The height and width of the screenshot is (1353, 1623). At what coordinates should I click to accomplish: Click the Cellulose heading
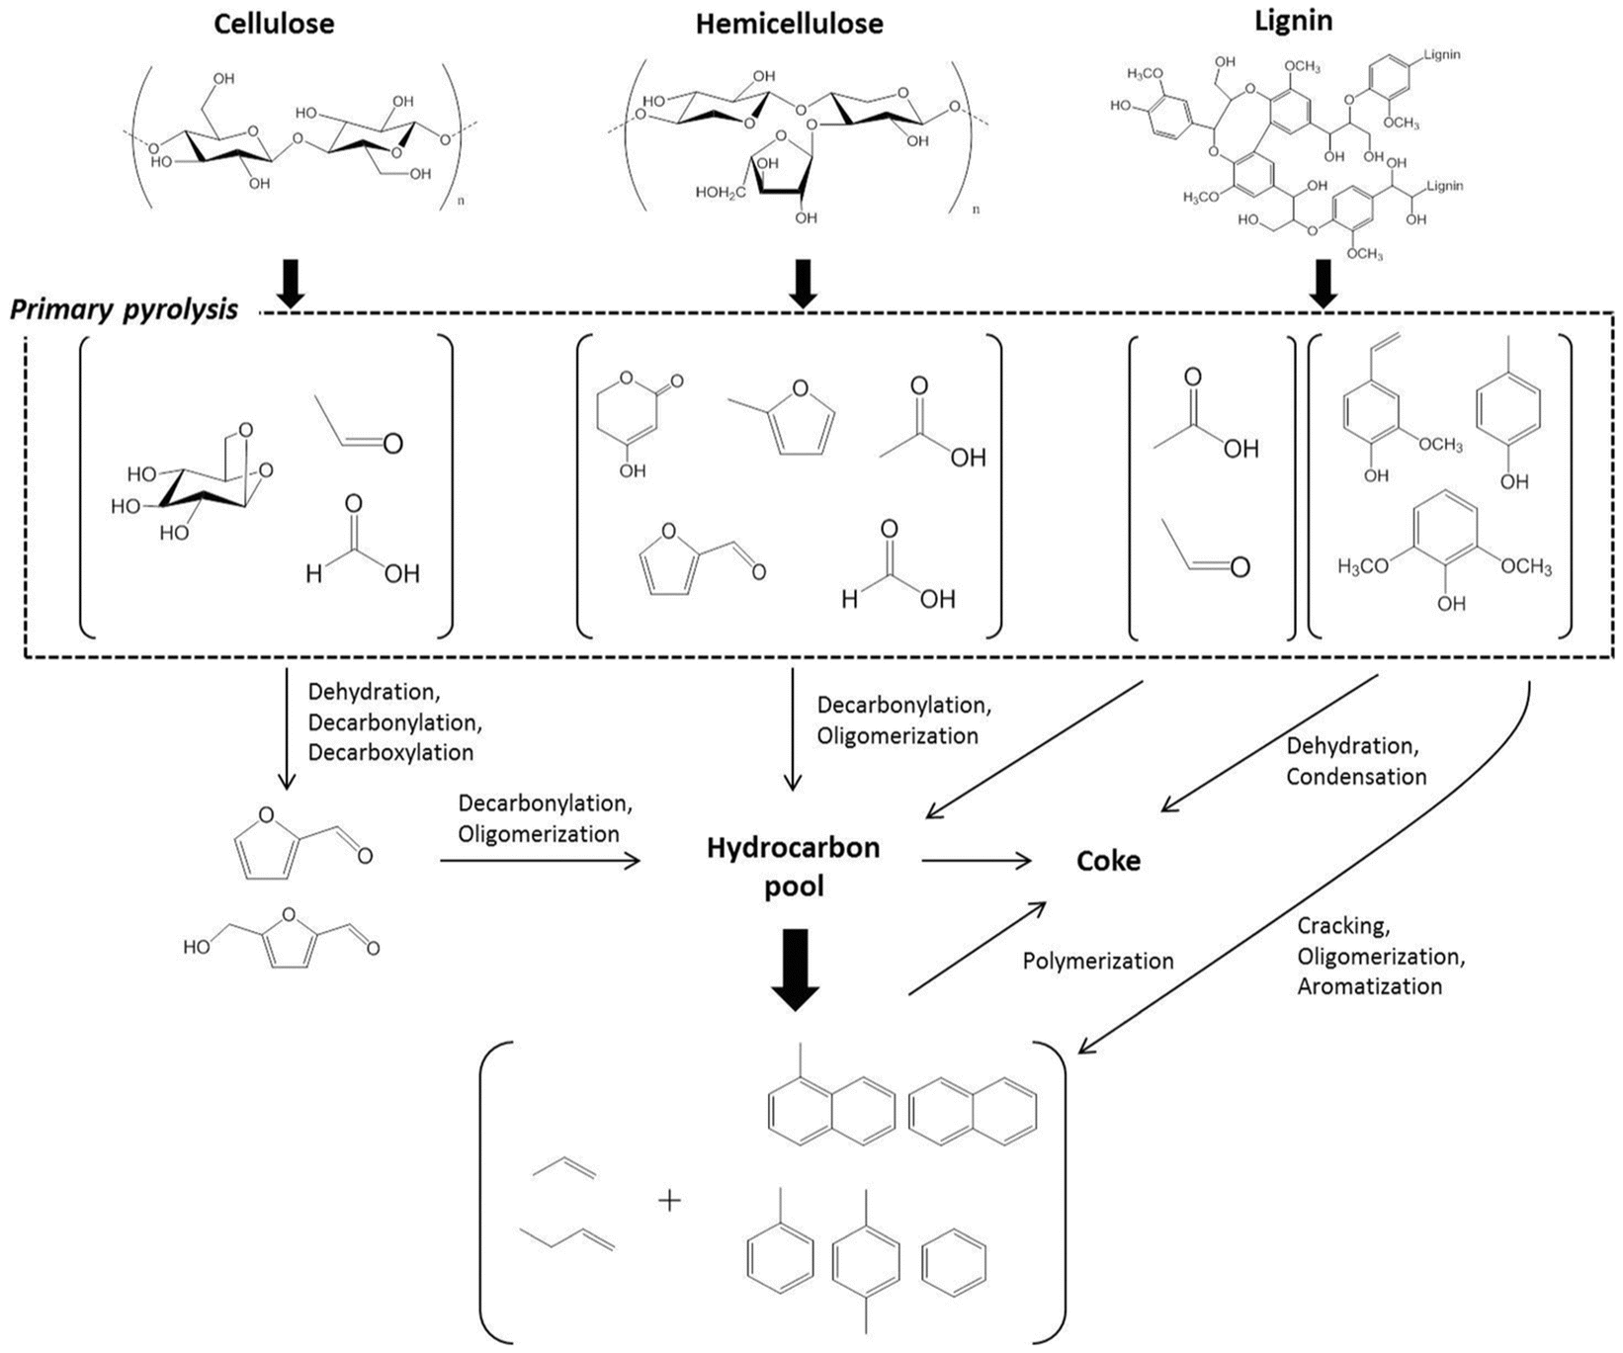tap(274, 23)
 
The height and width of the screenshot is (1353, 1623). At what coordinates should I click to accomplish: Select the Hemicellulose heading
tap(789, 23)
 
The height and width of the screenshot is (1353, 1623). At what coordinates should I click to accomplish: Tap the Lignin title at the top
tap(1293, 20)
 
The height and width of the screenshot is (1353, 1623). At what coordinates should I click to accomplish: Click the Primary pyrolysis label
tap(124, 309)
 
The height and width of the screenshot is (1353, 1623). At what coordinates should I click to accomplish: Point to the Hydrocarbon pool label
tap(793, 867)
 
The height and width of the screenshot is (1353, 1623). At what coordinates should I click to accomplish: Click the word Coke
tap(1108, 861)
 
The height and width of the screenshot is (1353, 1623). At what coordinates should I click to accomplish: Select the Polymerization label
tap(1098, 961)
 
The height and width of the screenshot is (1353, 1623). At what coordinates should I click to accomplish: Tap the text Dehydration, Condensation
tap(1356, 761)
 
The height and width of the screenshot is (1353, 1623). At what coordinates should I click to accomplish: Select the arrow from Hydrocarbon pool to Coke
tap(977, 861)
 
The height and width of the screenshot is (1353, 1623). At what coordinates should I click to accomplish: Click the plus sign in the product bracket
tap(670, 1202)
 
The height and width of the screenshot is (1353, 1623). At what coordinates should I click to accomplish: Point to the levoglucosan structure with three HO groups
tap(194, 480)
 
